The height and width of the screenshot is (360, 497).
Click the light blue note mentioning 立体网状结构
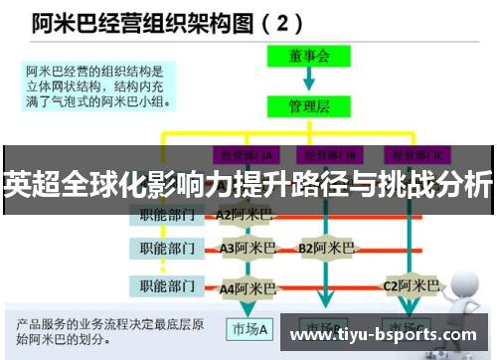point(98,85)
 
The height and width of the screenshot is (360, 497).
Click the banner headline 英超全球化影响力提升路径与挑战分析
point(248,184)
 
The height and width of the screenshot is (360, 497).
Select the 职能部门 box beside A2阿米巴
point(166,214)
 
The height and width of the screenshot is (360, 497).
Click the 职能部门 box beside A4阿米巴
point(166,287)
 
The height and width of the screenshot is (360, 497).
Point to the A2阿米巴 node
point(243,214)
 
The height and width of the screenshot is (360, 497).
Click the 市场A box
point(248,329)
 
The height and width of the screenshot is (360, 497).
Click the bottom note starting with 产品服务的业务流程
point(109,332)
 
